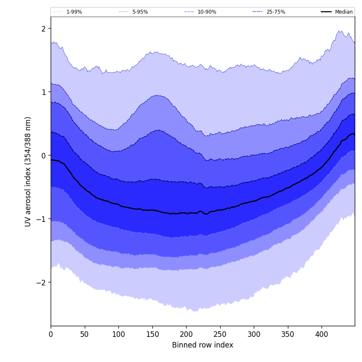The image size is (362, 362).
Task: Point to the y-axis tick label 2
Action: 43,29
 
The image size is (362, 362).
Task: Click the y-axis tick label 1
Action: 43,92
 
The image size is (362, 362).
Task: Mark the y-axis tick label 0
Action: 43,155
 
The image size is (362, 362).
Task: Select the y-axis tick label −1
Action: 41,219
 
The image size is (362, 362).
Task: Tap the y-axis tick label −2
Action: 41,282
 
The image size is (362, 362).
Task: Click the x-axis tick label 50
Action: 85,335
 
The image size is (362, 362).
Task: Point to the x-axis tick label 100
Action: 118,335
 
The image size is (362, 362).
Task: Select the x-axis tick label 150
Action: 152,335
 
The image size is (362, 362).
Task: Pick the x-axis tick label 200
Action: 186,335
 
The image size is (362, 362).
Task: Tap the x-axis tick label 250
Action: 220,335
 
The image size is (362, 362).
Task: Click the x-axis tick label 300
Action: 254,335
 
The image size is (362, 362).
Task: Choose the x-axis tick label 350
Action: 288,335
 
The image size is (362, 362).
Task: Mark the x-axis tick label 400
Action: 322,335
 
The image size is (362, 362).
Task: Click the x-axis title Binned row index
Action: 203,345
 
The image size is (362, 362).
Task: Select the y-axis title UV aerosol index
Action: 28,171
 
